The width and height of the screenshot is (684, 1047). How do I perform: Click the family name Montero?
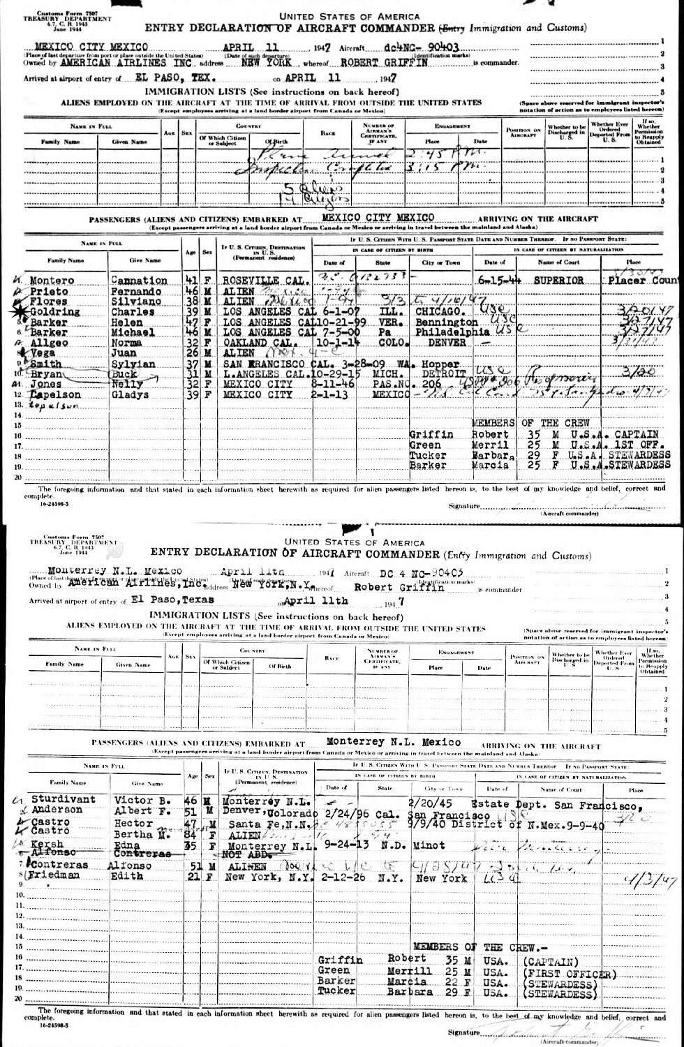click(52, 281)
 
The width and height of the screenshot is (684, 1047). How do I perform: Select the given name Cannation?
click(140, 281)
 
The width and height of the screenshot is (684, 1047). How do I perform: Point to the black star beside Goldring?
click(15, 312)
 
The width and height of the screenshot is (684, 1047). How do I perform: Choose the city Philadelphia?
click(447, 333)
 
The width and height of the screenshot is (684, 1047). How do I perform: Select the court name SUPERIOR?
click(558, 281)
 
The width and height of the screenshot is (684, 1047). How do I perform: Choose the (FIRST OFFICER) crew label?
click(568, 974)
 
